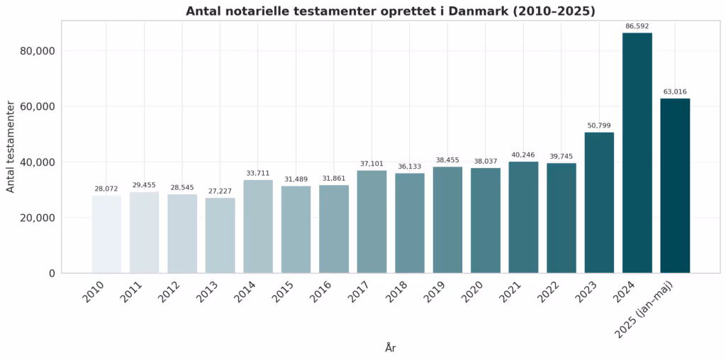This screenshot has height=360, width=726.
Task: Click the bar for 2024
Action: click(637, 152)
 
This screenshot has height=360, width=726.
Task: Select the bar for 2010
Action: click(106, 234)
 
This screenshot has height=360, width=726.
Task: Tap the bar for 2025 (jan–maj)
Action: click(675, 186)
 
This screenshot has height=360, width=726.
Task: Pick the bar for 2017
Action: click(372, 221)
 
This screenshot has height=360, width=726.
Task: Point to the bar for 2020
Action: click(485, 220)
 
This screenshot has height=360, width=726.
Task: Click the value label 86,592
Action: click(637, 26)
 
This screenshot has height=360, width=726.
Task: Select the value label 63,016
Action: click(675, 91)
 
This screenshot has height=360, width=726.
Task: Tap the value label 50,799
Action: click(599, 125)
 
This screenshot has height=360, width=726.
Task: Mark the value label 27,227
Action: click(220, 191)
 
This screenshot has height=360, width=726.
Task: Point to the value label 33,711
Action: click(258, 173)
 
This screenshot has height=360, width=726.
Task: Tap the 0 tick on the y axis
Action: click(51, 274)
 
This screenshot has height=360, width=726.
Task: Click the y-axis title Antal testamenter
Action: click(11, 147)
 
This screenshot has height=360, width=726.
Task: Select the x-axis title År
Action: click(391, 348)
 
